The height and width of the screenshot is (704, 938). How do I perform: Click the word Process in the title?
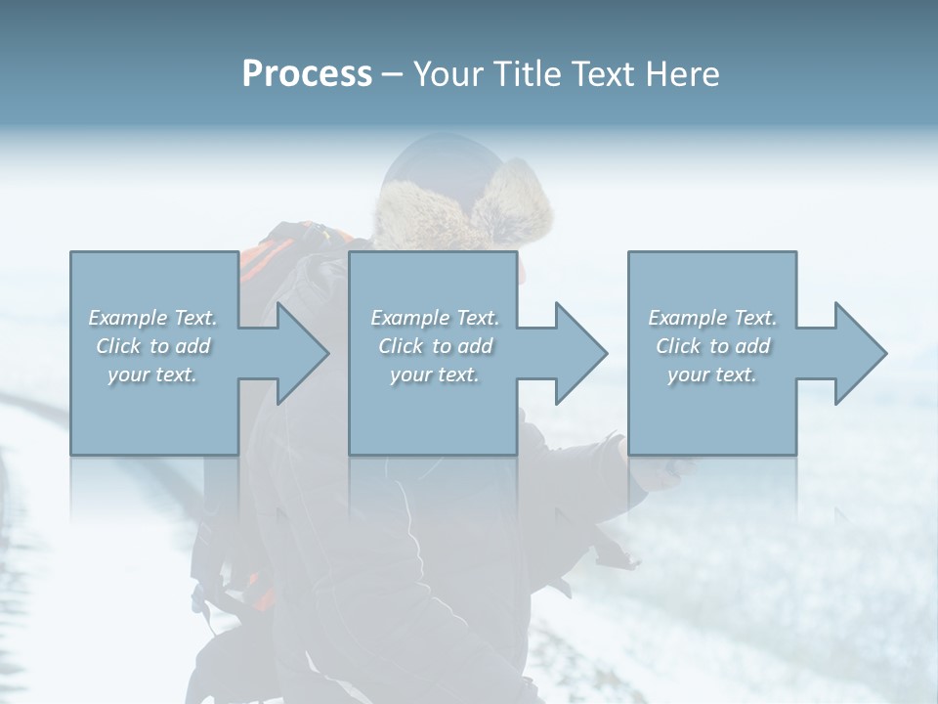coord(307,74)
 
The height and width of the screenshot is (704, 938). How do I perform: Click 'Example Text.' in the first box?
coord(152,318)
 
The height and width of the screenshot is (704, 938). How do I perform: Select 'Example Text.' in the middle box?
coord(434,318)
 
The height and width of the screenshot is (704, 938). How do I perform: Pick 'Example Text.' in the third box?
coord(712,318)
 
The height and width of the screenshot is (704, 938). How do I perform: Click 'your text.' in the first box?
coord(152,374)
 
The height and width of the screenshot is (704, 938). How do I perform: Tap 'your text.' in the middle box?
coord(434,374)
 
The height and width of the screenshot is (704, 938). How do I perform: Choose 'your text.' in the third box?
coord(712,374)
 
